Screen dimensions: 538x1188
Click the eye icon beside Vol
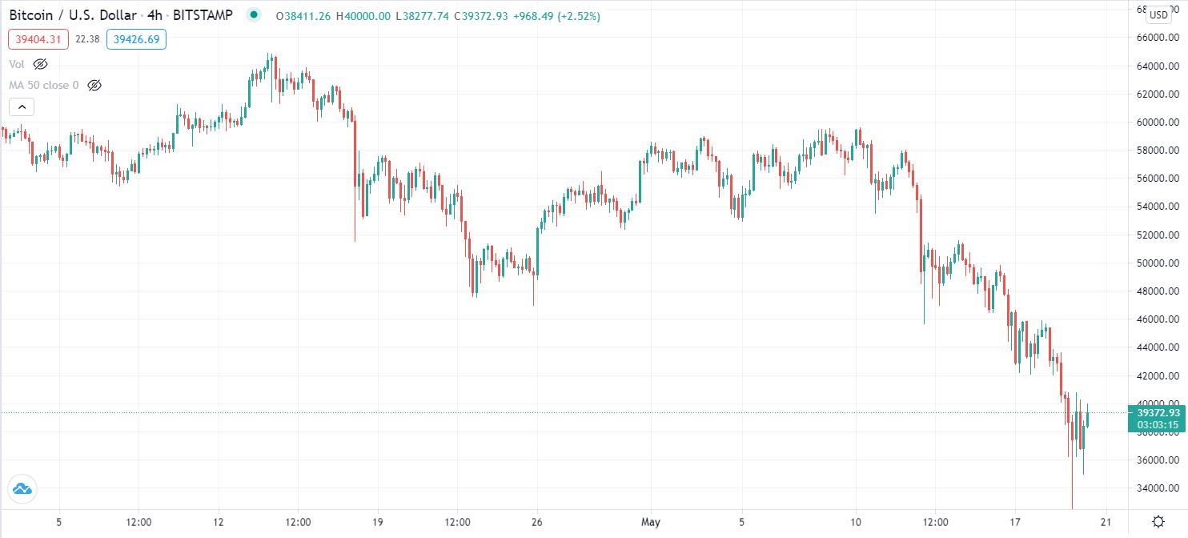click(x=40, y=64)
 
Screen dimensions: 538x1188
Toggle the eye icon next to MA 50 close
click(x=94, y=85)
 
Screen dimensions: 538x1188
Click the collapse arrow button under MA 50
click(x=22, y=106)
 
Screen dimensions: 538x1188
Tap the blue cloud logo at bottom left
click(x=22, y=488)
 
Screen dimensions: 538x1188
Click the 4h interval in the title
click(x=155, y=15)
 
